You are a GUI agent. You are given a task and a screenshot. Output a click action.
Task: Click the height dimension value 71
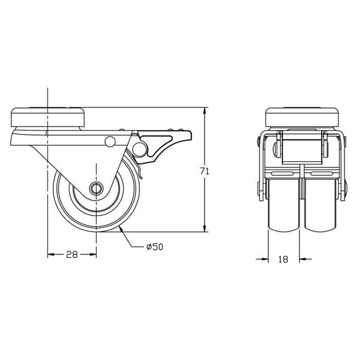click(x=204, y=171)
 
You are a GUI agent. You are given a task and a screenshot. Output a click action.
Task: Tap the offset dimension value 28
click(x=72, y=254)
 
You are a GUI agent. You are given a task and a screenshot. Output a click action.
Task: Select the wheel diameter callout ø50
click(x=155, y=247)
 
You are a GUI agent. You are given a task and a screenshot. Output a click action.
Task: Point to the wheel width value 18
click(x=283, y=259)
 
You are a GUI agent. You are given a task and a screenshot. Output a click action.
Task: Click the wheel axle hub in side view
click(x=96, y=188)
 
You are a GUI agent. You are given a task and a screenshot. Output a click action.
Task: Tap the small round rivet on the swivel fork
click(x=110, y=142)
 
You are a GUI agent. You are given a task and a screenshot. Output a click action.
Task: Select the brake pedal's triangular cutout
click(x=156, y=142)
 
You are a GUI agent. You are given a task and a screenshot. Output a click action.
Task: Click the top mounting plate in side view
click(x=48, y=117)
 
